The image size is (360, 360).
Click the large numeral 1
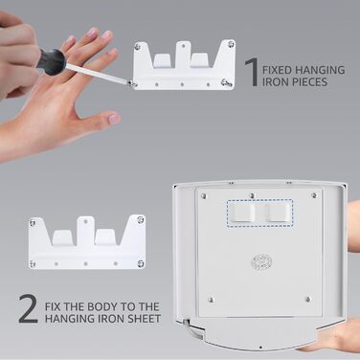coord(253,72)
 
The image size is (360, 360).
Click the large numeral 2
coord(28,308)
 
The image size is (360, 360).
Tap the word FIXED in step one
coord(277,70)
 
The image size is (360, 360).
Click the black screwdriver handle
coord(52,62)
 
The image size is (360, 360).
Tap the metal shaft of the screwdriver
coord(98,74)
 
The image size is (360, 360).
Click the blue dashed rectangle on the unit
coord(260,213)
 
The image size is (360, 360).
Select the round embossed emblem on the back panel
coord(261,262)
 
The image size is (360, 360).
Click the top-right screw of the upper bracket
coord(230,44)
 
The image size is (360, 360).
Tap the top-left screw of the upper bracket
coord(138,47)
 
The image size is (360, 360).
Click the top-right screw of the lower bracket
coord(141,219)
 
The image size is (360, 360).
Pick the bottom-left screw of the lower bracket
coord(33,263)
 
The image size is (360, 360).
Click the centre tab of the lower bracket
coord(85,231)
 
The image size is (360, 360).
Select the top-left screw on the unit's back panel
coord(204,195)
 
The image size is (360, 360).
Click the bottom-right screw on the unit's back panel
coord(308,300)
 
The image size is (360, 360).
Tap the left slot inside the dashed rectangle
coord(242,213)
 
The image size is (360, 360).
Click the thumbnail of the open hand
coord(113,119)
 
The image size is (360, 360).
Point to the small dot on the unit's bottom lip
coord(260,348)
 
